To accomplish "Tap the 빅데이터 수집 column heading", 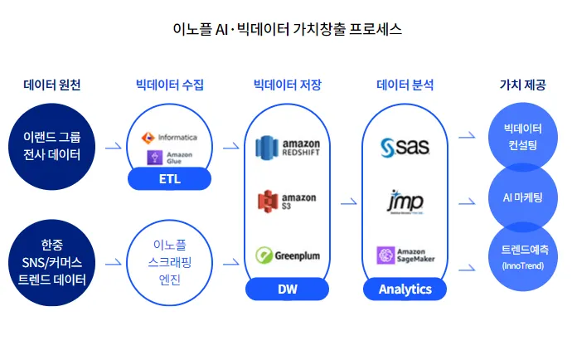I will click(170, 85).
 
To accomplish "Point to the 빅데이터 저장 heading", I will click(287, 85).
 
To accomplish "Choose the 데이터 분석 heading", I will click(405, 85).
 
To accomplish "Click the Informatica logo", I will click(169, 137).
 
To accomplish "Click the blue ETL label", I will click(169, 178).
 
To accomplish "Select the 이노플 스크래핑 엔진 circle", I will click(169, 261).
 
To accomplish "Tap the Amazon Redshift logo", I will click(287, 148).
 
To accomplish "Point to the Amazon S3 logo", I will click(287, 202).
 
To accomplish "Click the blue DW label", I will click(287, 289).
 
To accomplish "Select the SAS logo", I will click(405, 148).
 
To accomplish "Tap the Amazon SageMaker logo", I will click(405, 255).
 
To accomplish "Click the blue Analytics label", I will click(405, 289).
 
